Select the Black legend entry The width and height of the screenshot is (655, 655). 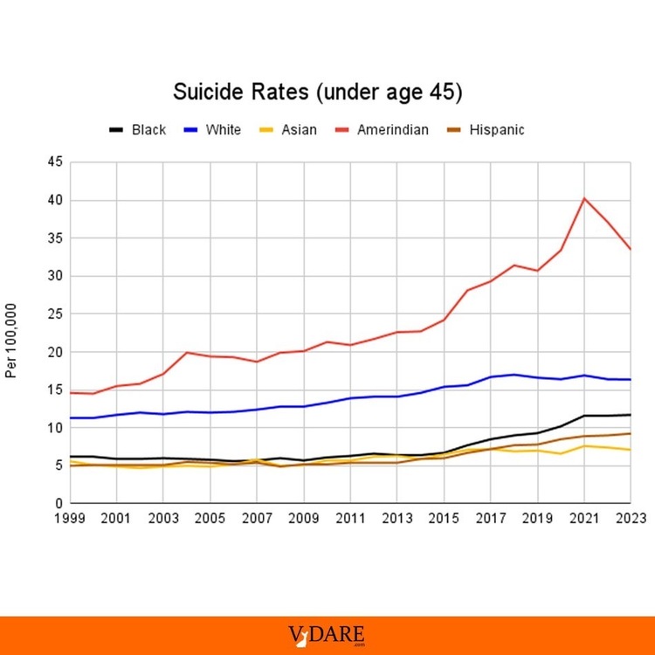pyautogui.click(x=137, y=130)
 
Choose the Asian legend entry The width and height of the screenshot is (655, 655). pyautogui.click(x=287, y=130)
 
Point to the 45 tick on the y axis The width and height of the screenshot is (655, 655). pyautogui.click(x=55, y=162)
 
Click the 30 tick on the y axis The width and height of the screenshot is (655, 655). pyautogui.click(x=55, y=276)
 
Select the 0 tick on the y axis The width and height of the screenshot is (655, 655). pyautogui.click(x=59, y=504)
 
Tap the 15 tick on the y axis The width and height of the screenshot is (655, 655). pyautogui.click(x=55, y=390)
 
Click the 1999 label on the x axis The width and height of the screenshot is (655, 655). pyautogui.click(x=70, y=518)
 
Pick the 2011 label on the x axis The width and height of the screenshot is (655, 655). pyautogui.click(x=350, y=518)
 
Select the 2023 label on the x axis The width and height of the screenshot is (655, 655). pyautogui.click(x=631, y=518)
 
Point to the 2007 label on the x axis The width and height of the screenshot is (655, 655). pyautogui.click(x=257, y=518)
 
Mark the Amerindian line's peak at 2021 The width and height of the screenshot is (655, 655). pyautogui.click(x=584, y=198)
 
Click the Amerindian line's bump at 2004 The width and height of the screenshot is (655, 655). pyautogui.click(x=187, y=352)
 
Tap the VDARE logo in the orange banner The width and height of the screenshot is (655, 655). pyautogui.click(x=327, y=635)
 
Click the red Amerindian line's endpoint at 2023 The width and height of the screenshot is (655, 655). pyautogui.click(x=631, y=249)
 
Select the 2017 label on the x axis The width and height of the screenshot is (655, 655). pyautogui.click(x=491, y=518)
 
